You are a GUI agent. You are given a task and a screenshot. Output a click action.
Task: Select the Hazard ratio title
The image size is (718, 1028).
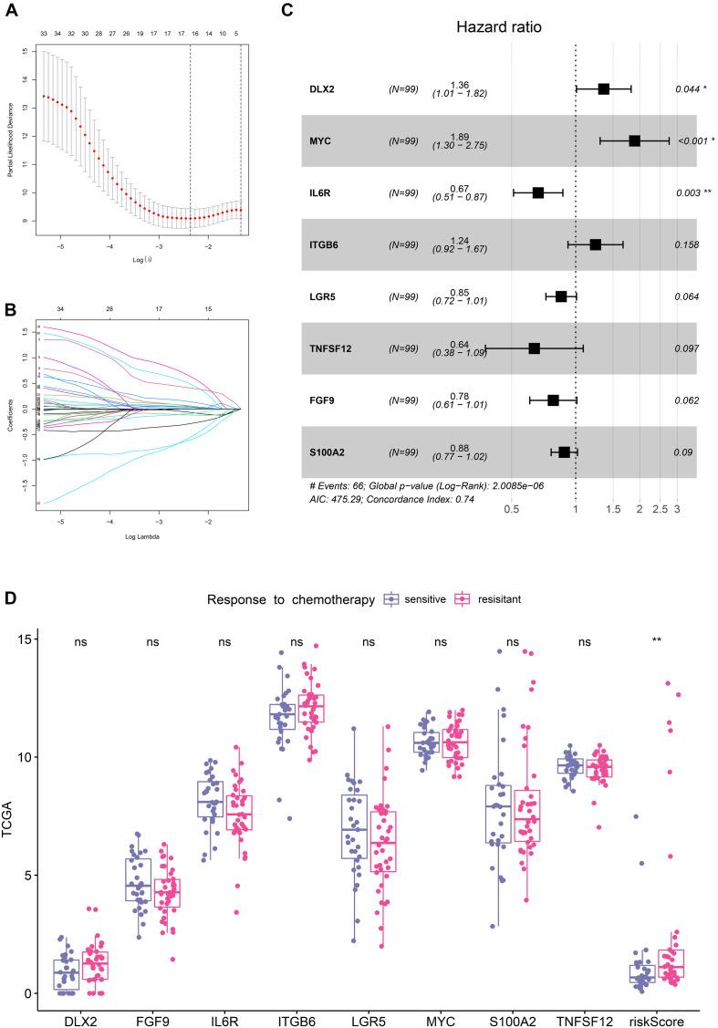(x=500, y=27)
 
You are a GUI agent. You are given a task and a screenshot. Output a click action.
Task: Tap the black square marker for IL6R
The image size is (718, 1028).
(x=538, y=192)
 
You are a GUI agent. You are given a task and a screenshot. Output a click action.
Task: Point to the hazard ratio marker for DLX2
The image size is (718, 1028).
(x=604, y=88)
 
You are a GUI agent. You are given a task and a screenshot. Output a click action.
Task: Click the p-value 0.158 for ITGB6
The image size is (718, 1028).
(x=685, y=244)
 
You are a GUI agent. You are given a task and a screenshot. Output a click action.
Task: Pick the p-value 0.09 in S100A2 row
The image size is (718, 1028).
(x=685, y=452)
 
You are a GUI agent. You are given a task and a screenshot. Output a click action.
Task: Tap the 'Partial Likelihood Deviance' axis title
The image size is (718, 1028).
(x=10, y=137)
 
